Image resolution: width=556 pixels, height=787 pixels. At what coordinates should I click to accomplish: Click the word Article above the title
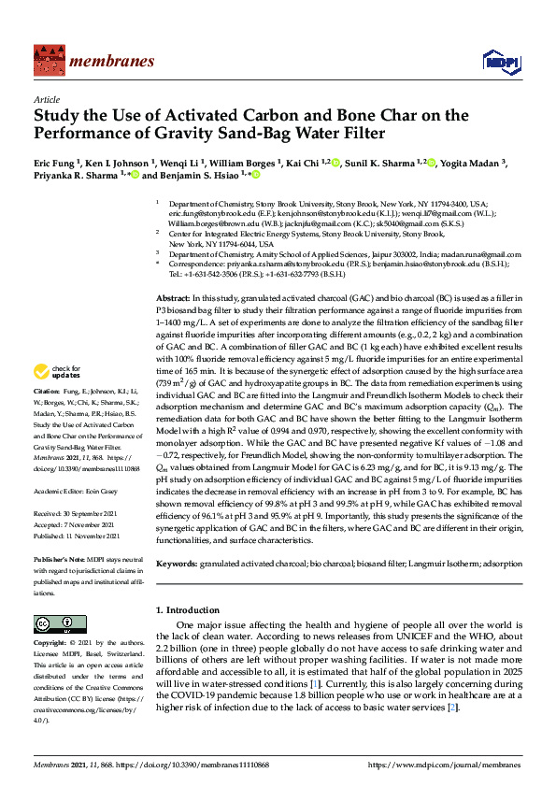pos(47,98)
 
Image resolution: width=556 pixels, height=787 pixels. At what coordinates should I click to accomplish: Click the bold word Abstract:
pos(174,295)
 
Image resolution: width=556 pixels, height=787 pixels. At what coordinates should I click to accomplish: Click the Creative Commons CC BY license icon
pos(53,623)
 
